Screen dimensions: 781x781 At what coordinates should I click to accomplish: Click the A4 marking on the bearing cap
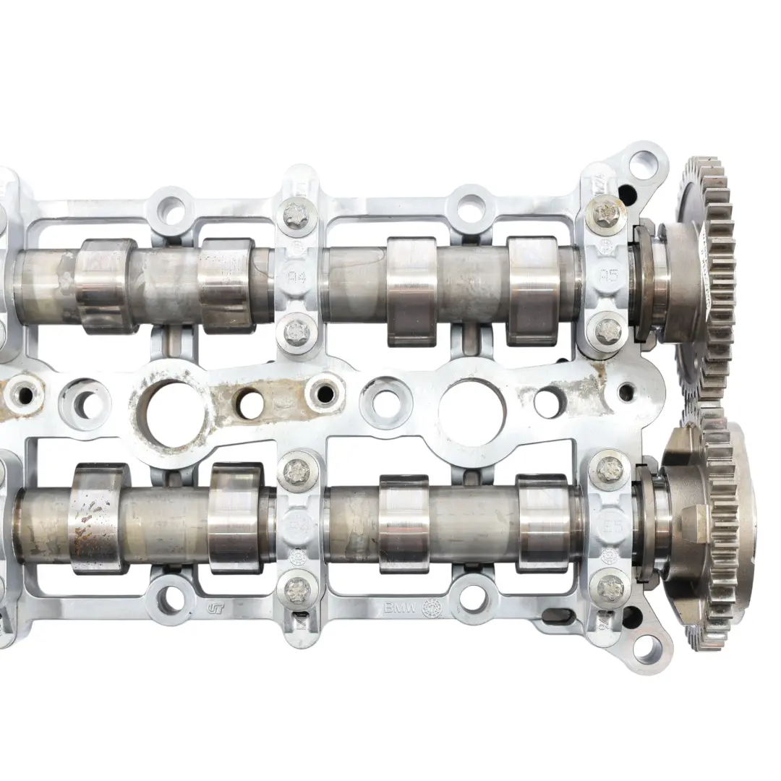click(x=297, y=276)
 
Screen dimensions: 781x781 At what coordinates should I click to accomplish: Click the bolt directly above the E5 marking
click(x=606, y=471)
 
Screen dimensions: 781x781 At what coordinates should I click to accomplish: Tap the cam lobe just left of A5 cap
click(x=534, y=289)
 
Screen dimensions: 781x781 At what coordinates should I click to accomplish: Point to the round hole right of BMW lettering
click(x=471, y=599)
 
